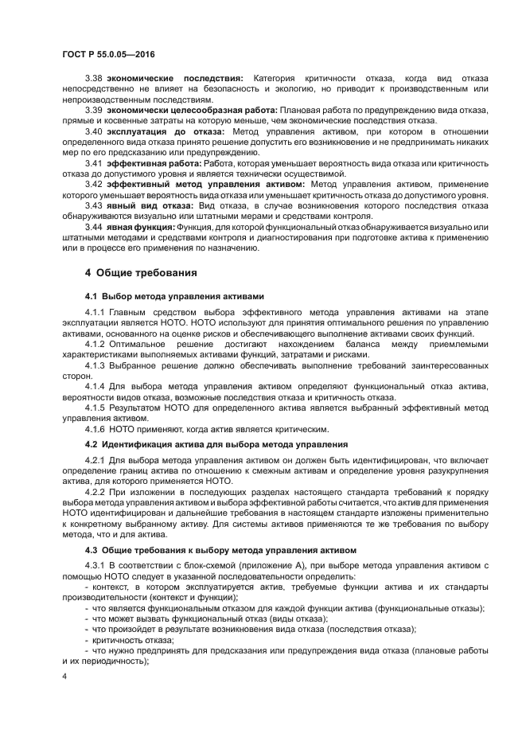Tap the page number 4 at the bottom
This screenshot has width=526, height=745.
(x=64, y=675)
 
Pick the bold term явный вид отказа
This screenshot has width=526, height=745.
(x=148, y=205)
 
